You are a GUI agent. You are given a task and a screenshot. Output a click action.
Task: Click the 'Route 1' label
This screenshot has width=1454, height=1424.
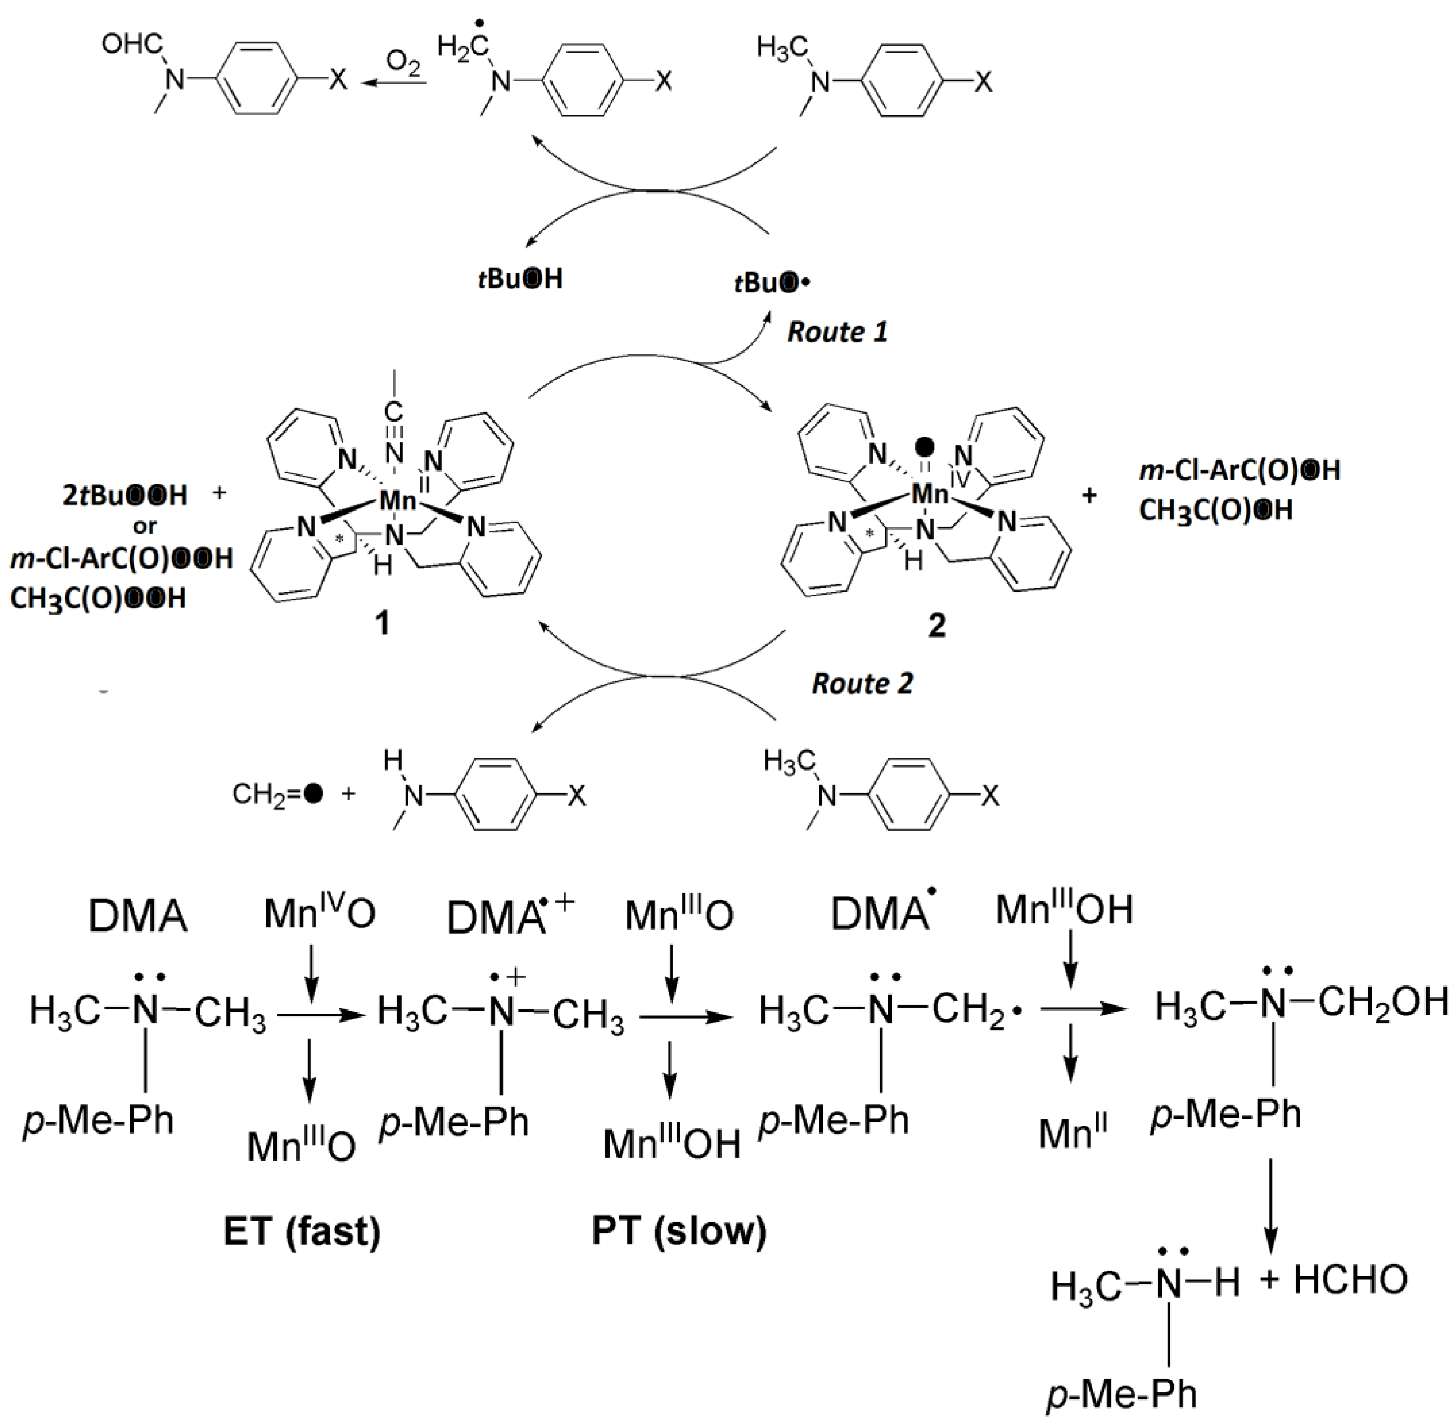[837, 331]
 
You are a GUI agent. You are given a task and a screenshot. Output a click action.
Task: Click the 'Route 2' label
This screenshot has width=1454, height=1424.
[862, 683]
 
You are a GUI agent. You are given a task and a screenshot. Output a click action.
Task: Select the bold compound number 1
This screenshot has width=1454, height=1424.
[382, 622]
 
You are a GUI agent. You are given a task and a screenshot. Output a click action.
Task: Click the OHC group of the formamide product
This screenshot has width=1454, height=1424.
[131, 45]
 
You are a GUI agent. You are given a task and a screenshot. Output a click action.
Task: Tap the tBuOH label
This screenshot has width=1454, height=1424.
[520, 279]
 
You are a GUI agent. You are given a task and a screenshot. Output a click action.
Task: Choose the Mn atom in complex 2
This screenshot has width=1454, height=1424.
[930, 494]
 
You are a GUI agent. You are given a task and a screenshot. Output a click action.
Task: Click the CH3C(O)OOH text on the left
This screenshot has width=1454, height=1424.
[98, 598]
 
